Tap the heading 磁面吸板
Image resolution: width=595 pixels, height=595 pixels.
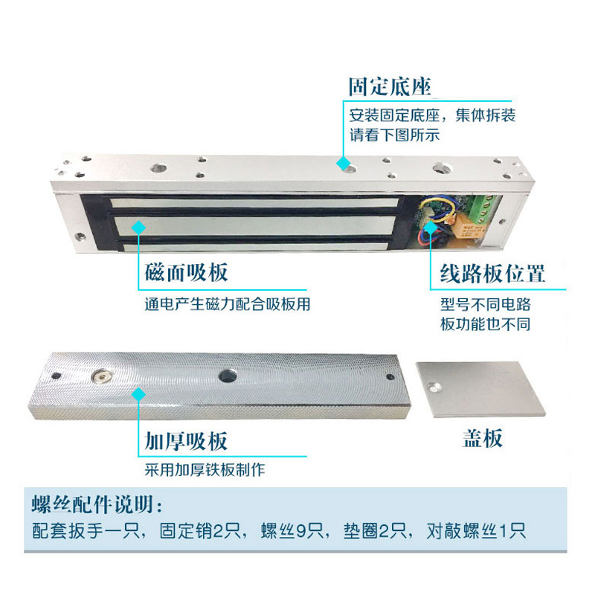tap(187, 272)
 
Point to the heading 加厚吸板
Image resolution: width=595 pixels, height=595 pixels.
tap(187, 441)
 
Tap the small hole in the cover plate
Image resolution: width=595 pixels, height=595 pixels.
tap(437, 386)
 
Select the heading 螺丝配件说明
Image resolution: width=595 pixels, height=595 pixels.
tap(94, 504)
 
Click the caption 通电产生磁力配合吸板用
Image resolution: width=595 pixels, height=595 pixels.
tap(227, 305)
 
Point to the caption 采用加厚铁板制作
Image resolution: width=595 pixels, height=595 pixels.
tap(205, 471)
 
